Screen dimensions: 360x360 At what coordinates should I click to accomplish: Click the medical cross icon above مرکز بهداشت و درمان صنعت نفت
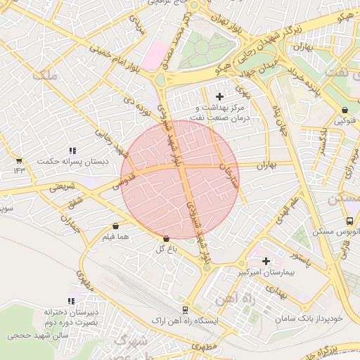[219, 96]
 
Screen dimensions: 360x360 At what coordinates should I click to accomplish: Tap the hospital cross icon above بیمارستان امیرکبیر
[266, 261]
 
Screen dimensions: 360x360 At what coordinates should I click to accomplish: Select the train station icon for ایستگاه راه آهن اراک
[186, 309]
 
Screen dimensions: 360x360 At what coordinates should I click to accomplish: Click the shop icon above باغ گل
[166, 239]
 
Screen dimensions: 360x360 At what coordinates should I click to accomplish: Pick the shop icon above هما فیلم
[115, 226]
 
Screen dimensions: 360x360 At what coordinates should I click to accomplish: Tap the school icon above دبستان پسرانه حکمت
[72, 150]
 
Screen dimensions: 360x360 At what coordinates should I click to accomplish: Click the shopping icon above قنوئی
[345, 110]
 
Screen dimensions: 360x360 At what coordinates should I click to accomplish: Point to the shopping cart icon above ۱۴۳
[18, 161]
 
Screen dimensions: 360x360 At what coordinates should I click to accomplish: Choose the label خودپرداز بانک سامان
[309, 318]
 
